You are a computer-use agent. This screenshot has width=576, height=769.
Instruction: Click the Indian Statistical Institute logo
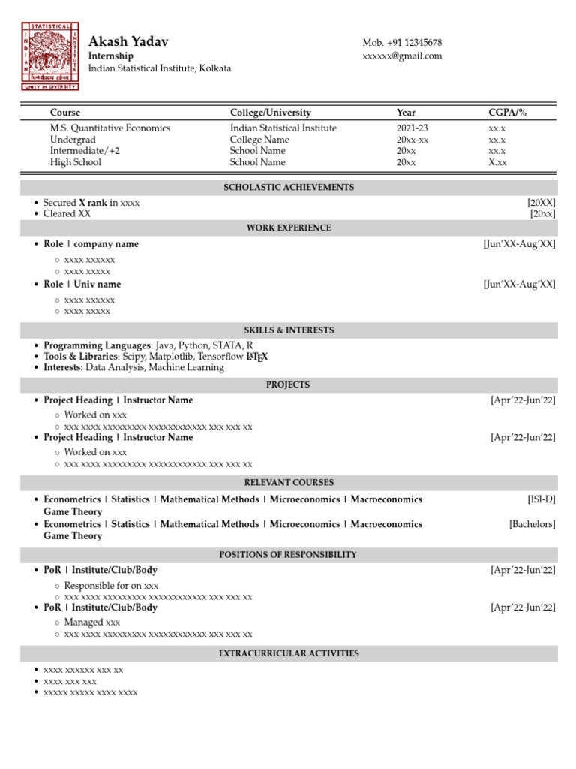tap(49, 56)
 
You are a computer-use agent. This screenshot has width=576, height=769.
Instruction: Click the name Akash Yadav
tap(128, 41)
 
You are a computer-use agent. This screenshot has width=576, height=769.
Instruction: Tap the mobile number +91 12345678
tap(402, 43)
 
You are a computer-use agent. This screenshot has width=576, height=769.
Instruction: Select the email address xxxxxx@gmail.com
tap(402, 56)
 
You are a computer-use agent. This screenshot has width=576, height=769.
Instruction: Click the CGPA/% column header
tap(507, 113)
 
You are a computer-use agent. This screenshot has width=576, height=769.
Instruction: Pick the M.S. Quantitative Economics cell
tap(110, 128)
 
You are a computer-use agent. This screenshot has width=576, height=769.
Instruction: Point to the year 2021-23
tap(412, 128)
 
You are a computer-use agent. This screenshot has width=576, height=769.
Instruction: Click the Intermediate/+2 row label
tap(85, 151)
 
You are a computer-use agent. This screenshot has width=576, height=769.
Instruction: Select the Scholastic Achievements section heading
tap(289, 188)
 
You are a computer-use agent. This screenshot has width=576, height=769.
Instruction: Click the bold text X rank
tap(93, 203)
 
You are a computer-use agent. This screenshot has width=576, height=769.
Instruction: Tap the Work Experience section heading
tap(289, 228)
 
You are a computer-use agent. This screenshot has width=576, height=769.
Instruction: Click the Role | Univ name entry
tap(82, 285)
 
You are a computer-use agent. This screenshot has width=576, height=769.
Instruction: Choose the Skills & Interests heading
tap(289, 330)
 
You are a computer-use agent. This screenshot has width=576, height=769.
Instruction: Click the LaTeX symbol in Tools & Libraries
tap(256, 357)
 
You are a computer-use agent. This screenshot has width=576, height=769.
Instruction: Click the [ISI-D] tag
tap(541, 499)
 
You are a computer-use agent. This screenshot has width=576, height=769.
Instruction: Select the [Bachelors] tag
tap(532, 524)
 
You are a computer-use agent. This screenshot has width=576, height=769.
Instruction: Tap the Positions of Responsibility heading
tap(289, 555)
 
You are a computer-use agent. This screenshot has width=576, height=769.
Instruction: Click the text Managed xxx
tap(92, 623)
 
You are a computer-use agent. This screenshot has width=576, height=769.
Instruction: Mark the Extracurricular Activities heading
tap(289, 653)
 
